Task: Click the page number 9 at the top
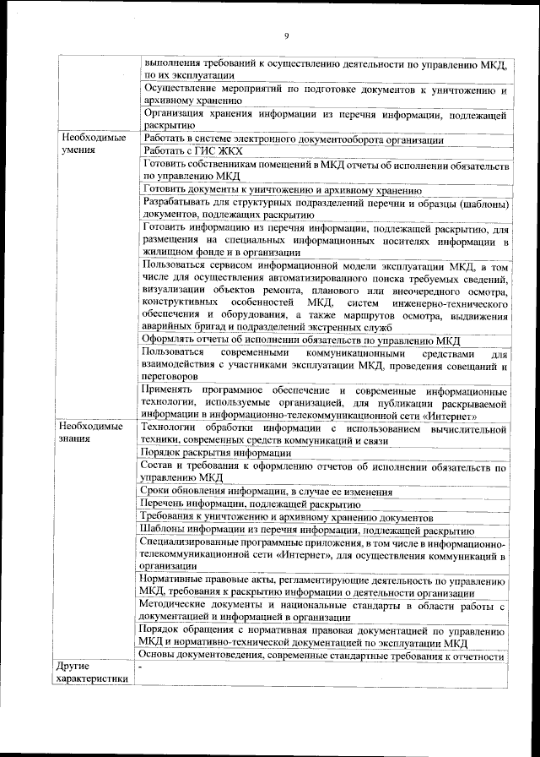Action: (287, 35)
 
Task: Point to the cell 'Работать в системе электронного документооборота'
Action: (294, 139)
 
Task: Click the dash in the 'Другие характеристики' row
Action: (143, 667)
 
